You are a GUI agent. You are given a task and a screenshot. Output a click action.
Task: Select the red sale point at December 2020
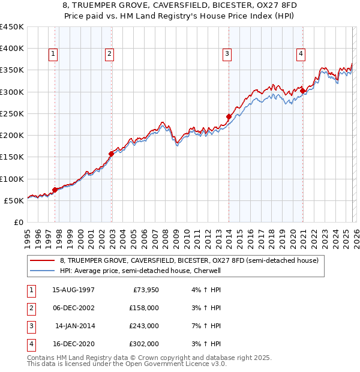click(x=302, y=91)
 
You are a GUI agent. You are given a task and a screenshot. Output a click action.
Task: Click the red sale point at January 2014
click(x=229, y=116)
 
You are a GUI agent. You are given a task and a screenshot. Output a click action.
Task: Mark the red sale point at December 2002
click(x=112, y=154)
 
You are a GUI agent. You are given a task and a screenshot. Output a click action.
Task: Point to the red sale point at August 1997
click(x=55, y=190)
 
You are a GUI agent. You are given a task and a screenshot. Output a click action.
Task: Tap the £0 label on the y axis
click(x=18, y=222)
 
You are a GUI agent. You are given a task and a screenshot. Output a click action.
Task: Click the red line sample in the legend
click(x=43, y=261)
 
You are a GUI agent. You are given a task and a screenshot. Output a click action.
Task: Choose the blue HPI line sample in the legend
click(x=43, y=271)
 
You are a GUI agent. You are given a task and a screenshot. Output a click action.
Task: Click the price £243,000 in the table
click(x=144, y=326)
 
